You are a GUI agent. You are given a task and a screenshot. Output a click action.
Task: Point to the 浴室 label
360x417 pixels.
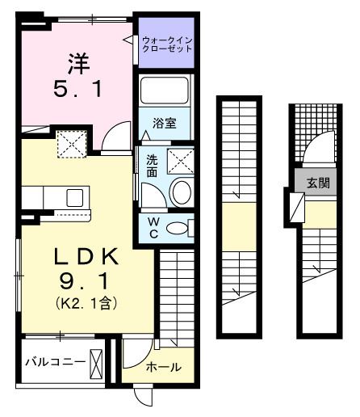click(166, 124)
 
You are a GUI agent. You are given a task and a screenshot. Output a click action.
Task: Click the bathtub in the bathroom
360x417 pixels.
click(166, 91)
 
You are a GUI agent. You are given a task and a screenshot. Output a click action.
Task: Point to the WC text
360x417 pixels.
click(152, 227)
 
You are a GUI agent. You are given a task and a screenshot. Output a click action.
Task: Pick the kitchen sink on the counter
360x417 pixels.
click(74, 196)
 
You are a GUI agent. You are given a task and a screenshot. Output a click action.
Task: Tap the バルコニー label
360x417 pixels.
click(53, 360)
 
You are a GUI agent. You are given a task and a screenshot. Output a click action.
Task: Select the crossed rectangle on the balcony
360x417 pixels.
click(96, 362)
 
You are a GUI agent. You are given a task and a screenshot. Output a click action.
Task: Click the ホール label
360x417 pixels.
click(163, 368)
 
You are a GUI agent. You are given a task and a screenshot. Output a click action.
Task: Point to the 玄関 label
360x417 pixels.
click(317, 183)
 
